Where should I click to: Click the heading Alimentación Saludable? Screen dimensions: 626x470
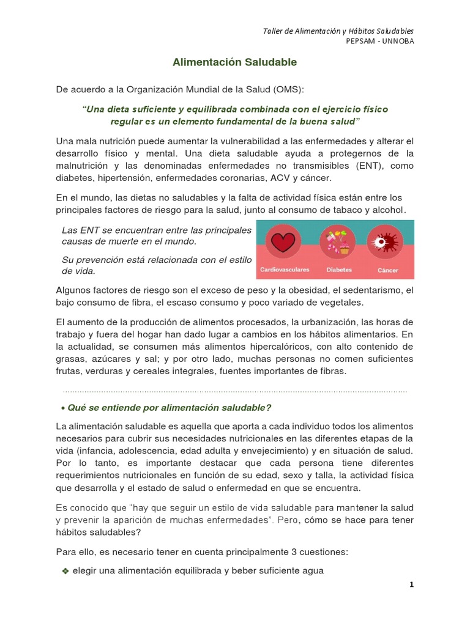click(234, 62)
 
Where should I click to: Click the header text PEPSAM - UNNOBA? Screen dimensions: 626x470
click(380, 42)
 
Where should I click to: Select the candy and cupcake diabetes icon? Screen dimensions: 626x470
click(337, 243)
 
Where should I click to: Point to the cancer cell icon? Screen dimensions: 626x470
click(385, 243)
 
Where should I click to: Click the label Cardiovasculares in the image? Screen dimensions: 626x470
click(285, 270)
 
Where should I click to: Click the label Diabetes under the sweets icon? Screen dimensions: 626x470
click(338, 270)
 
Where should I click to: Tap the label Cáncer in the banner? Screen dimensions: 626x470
click(387, 270)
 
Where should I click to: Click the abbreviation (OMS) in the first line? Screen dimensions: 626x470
click(289, 89)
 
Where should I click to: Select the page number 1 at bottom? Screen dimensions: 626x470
click(412, 584)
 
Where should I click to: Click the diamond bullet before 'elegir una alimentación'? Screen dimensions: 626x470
click(65, 571)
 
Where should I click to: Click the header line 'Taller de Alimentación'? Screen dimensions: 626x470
click(338, 31)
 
